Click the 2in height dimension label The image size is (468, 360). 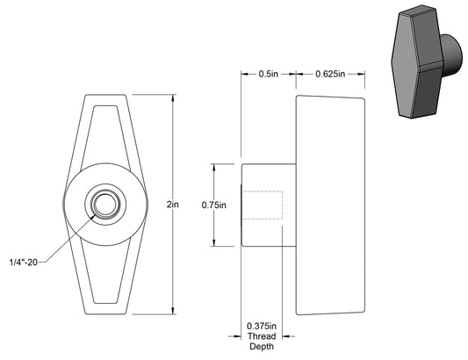173,204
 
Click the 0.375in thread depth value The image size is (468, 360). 262,327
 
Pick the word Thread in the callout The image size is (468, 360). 262,337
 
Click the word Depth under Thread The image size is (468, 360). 262,348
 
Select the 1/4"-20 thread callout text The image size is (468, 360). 25,261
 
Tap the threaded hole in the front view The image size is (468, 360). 104,205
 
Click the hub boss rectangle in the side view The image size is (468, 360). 267,205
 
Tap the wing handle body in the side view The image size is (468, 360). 328,204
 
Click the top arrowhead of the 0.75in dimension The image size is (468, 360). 215,166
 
